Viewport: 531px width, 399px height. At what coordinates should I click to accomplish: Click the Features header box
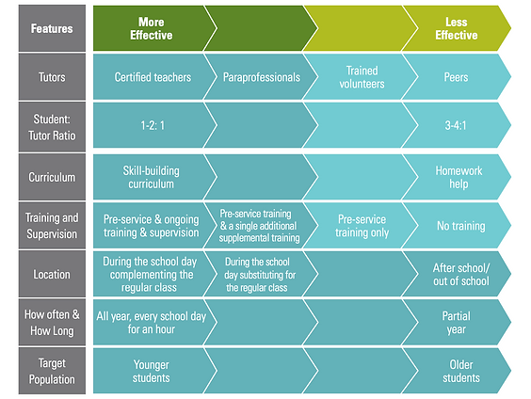click(x=52, y=28)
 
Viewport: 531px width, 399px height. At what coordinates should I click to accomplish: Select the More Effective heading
click(x=151, y=28)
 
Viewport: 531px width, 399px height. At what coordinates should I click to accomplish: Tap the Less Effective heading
click(x=457, y=28)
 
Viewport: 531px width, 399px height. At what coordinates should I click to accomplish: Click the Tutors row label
click(x=52, y=77)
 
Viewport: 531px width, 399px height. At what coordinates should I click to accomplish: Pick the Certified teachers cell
click(x=153, y=77)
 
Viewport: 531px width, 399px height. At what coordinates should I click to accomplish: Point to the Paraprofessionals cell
click(x=262, y=77)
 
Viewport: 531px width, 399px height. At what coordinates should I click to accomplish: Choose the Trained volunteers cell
click(x=362, y=77)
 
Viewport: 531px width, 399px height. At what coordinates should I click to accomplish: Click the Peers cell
click(x=456, y=77)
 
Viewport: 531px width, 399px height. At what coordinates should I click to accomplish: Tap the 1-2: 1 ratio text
click(x=153, y=125)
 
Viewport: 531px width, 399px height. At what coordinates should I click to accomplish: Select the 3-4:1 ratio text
click(x=456, y=125)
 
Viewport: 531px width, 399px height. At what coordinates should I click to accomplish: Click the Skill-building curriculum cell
click(x=151, y=177)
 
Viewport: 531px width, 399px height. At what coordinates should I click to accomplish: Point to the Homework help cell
click(x=459, y=177)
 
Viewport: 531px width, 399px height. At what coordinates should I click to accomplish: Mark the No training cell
click(x=461, y=226)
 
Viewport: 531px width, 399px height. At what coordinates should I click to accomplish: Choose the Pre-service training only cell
click(x=362, y=226)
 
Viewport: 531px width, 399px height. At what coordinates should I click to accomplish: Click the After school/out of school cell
click(x=461, y=274)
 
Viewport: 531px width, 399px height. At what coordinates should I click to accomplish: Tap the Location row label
click(x=52, y=274)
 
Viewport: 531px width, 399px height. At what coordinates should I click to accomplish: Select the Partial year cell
click(x=456, y=323)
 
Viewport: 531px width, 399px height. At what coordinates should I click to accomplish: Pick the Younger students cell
click(x=151, y=372)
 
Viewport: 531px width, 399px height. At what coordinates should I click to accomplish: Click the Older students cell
click(x=461, y=372)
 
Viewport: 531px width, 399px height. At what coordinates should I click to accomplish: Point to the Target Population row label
click(x=52, y=371)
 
